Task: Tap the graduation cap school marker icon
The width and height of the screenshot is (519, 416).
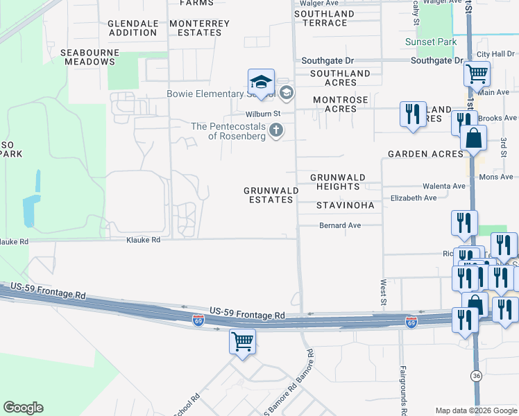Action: click(262, 83)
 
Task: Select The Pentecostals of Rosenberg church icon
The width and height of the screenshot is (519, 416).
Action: click(276, 130)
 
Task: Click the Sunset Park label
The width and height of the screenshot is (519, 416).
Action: click(431, 42)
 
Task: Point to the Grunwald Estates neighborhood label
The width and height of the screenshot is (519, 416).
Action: click(271, 195)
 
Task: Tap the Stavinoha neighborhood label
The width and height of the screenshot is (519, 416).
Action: click(345, 205)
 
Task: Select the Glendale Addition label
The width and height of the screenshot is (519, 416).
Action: click(133, 28)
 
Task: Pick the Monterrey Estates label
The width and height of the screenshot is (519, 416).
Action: click(199, 28)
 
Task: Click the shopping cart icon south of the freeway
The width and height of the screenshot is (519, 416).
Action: click(242, 342)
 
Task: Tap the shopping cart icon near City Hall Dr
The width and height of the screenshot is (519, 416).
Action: click(477, 73)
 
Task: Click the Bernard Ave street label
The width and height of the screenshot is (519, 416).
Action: click(340, 225)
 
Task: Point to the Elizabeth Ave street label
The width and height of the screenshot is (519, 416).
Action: click(414, 198)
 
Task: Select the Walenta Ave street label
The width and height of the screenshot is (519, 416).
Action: click(444, 187)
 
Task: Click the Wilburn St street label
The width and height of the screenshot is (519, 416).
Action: click(262, 114)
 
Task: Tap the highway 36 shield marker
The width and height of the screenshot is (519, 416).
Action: click(475, 376)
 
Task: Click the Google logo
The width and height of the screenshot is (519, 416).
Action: click(23, 408)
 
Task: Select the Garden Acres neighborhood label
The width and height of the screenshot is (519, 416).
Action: click(425, 154)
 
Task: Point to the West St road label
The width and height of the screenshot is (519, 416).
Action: click(382, 291)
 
